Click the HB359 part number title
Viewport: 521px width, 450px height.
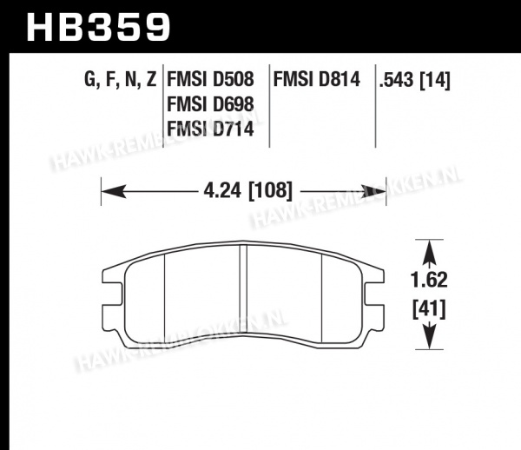click(98, 28)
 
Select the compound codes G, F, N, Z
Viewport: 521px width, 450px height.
click(121, 80)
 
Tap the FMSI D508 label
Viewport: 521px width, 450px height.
click(210, 80)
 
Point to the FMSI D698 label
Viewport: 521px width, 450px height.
click(210, 104)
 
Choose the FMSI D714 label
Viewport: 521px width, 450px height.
click(210, 129)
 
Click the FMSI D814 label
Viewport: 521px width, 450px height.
click(317, 80)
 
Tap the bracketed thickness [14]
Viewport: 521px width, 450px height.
click(435, 81)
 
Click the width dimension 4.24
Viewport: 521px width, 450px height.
click(222, 191)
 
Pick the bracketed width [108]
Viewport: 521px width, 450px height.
click(270, 191)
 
